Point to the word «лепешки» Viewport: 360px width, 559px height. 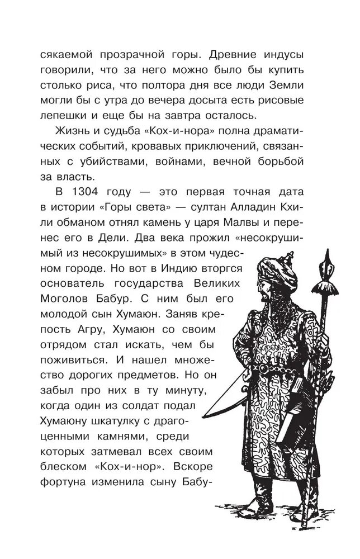pyautogui.click(x=63, y=116)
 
